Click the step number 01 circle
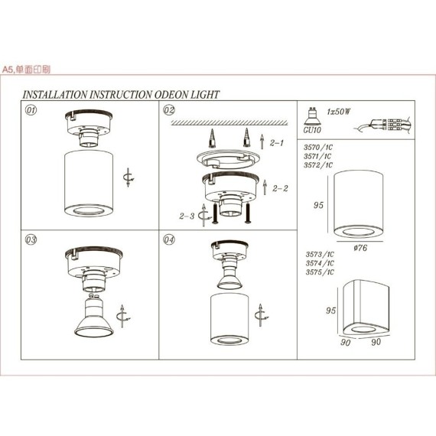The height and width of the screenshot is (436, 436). [x=31, y=110]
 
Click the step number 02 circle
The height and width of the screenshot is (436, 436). [x=170, y=110]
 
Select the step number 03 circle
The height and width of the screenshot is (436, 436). [x=31, y=239]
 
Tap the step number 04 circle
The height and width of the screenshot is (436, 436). [x=170, y=239]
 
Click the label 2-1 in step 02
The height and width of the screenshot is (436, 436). [x=277, y=142]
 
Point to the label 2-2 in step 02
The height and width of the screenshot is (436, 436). [x=280, y=187]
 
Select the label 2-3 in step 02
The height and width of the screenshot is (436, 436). [x=187, y=216]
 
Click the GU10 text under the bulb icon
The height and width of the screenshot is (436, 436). [x=312, y=131]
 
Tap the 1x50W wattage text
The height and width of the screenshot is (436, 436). [x=337, y=112]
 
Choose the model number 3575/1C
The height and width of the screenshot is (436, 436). [x=319, y=272]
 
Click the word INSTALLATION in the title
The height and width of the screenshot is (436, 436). [x=55, y=95]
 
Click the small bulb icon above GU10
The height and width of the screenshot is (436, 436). [x=313, y=115]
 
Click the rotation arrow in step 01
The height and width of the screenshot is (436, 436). [x=128, y=177]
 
